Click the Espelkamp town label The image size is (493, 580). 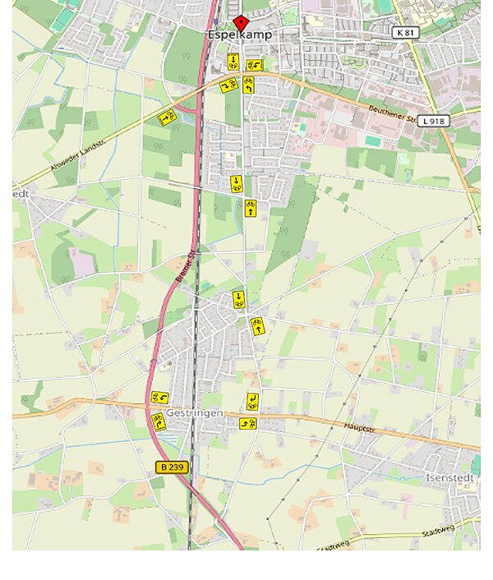[239, 35]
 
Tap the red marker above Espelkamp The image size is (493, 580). [240, 22]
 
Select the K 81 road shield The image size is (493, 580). [403, 32]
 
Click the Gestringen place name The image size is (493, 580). [194, 412]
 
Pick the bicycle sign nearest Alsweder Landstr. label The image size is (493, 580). [167, 117]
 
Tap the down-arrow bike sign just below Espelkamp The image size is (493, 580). [233, 61]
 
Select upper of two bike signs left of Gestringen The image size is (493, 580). [159, 398]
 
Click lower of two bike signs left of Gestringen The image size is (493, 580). [157, 421]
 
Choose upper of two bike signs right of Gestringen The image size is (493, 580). [252, 402]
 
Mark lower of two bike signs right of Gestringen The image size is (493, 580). [247, 423]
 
